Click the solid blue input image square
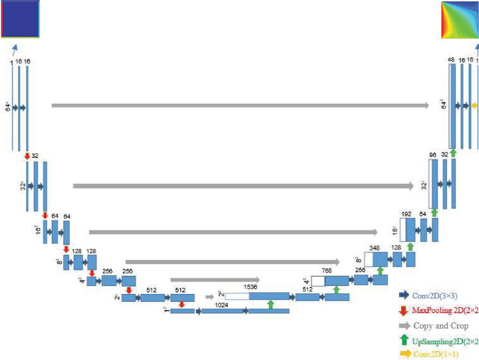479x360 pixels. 20,19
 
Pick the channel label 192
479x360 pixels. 407,213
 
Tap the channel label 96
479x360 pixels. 433,155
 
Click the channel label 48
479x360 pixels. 451,61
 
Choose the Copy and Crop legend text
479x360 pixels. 441,325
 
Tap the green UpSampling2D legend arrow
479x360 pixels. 404,340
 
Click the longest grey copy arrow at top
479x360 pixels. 240,106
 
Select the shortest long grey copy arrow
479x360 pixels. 214,280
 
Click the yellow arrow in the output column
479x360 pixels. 474,106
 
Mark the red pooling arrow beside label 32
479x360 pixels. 27,156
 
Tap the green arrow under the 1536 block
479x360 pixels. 270,304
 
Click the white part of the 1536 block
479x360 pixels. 236,296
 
